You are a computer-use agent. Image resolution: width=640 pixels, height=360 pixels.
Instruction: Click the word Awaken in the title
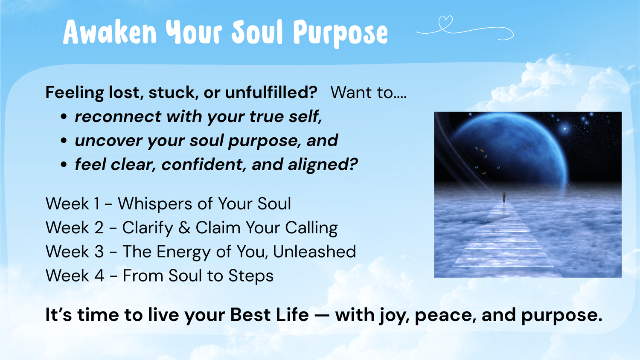[110, 32]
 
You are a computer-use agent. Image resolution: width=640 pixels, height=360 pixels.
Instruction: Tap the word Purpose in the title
[340, 34]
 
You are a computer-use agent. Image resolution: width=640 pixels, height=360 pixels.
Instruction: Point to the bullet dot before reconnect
[64, 116]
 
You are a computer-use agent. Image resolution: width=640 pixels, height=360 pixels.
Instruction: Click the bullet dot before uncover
[64, 141]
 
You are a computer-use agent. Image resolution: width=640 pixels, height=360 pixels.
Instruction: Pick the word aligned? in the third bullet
[323, 165]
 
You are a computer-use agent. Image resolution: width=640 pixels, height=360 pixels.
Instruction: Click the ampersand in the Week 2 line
[185, 228]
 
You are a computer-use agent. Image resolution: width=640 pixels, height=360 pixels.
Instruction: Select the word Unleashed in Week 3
[314, 251]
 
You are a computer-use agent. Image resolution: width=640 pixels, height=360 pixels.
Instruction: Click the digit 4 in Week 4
[99, 276]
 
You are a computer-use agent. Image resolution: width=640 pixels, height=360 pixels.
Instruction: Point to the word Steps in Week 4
[250, 276]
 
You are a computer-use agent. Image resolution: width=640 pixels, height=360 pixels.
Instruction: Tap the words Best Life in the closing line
[269, 315]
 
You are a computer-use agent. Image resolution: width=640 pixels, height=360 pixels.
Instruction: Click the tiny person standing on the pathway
[504, 197]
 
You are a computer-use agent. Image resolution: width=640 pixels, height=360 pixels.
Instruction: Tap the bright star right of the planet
[565, 128]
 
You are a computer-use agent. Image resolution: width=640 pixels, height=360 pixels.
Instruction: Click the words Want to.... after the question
[369, 92]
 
